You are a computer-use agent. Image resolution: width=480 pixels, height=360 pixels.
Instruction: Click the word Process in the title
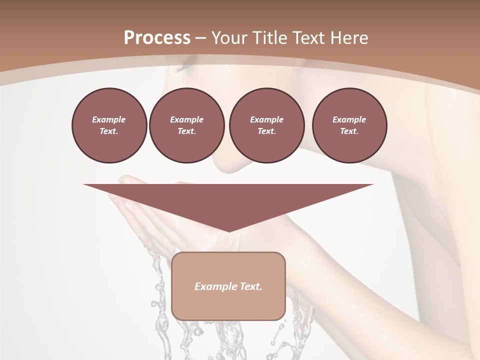(x=157, y=38)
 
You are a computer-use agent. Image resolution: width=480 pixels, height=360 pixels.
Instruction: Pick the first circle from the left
(x=109, y=125)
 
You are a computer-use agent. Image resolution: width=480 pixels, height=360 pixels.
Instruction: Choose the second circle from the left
(x=187, y=125)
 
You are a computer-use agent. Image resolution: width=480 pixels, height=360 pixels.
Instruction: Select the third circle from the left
(x=266, y=125)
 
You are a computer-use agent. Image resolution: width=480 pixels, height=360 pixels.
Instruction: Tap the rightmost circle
(x=349, y=125)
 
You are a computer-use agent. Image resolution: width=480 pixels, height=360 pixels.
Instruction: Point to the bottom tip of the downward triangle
(x=229, y=231)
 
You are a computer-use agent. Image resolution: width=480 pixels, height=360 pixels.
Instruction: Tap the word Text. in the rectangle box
(x=251, y=286)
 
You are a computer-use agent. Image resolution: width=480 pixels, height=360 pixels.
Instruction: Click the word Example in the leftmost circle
(x=109, y=120)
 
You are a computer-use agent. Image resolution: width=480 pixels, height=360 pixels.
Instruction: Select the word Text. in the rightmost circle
(x=349, y=131)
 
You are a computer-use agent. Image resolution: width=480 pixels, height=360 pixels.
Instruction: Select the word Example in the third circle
(x=266, y=120)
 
